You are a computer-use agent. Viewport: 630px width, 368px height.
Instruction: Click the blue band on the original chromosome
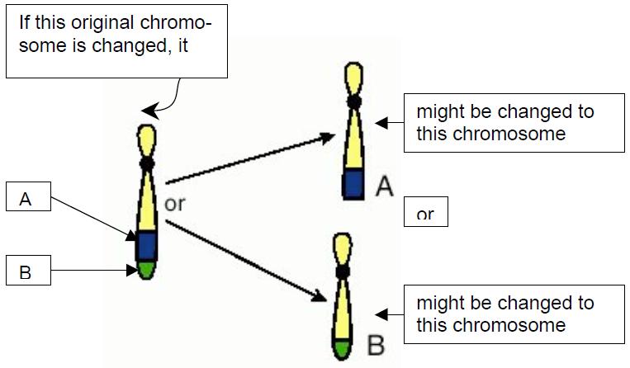click(147, 245)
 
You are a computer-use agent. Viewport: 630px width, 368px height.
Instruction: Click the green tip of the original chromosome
click(147, 270)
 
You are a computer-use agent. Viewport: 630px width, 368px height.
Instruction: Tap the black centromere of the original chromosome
click(147, 163)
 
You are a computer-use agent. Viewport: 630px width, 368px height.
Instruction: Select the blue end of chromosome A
click(353, 183)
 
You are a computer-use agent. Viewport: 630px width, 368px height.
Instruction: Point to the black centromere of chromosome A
click(353, 101)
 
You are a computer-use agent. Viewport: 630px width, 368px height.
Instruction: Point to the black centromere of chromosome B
click(341, 271)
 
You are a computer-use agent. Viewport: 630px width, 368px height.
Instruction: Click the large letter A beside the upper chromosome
click(384, 186)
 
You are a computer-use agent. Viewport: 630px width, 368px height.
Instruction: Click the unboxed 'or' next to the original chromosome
click(175, 203)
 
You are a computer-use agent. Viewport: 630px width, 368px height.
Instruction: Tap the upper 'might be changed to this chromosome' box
click(513, 122)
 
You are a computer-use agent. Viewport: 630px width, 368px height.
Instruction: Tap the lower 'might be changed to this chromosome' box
click(513, 313)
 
